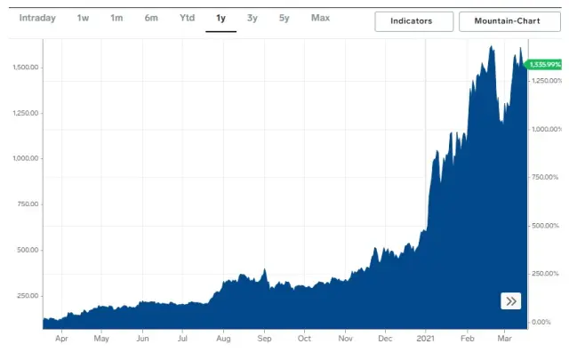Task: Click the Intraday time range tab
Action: coord(37,18)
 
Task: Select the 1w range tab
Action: coord(83,18)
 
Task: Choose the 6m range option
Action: coord(151,18)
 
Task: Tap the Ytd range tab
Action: coord(187,18)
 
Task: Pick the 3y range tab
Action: coord(252,18)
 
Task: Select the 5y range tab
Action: coord(284,18)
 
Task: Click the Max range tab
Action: coord(320,18)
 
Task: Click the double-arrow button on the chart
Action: coord(511,300)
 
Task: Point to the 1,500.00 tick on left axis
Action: coord(25,68)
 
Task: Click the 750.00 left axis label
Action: coord(27,204)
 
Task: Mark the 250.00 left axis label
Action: coord(27,296)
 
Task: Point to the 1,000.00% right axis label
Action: coord(546,129)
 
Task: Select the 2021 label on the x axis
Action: coord(429,339)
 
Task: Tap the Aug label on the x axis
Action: coord(223,339)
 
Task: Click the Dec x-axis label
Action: coord(385,339)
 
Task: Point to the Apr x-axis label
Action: coord(61,339)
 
